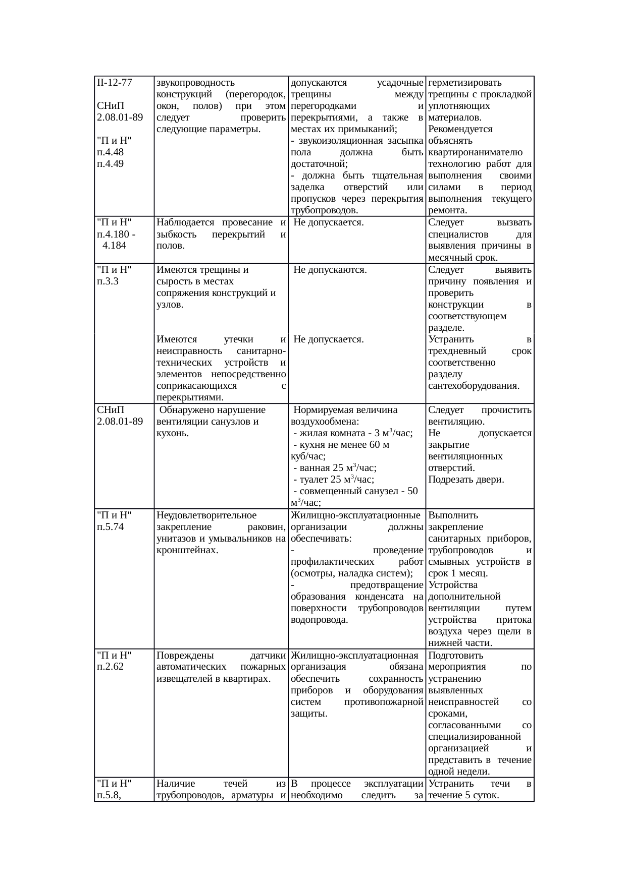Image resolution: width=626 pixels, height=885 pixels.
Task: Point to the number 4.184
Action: tap(114, 246)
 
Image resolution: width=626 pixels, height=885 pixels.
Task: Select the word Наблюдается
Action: tap(182, 222)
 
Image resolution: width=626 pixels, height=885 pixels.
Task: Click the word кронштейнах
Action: tap(187, 550)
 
